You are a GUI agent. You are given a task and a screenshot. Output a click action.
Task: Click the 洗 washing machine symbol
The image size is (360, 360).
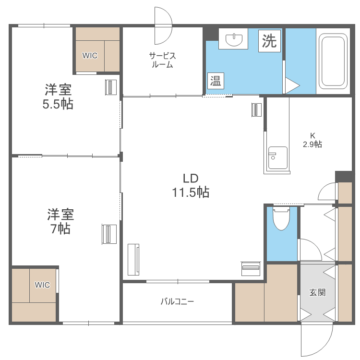click(269, 41)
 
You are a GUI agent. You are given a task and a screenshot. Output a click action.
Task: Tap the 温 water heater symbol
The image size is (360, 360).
click(216, 81)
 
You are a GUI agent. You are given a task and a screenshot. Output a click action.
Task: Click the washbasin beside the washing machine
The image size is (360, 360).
click(233, 38)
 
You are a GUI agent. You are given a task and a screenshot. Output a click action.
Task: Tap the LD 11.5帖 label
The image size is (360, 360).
click(191, 185)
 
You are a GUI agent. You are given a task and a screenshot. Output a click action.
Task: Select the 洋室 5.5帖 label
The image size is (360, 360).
click(59, 96)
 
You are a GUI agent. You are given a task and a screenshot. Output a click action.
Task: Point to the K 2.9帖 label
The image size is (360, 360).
click(312, 140)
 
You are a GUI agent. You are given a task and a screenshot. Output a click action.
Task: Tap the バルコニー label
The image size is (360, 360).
click(177, 301)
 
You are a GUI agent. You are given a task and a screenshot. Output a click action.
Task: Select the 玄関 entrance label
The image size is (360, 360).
click(317, 292)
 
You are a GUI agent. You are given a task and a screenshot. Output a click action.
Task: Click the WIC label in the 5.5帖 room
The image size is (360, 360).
click(90, 55)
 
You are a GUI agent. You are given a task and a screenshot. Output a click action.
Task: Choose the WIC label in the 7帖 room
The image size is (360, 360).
click(42, 285)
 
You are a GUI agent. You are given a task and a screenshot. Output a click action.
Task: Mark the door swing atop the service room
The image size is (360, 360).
click(163, 25)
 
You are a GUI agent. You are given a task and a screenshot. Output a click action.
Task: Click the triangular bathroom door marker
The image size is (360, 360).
click(291, 85)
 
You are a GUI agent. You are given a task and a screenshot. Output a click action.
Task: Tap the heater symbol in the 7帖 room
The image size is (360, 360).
click(109, 234)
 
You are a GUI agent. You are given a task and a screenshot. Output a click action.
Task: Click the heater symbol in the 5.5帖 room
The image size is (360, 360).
click(111, 87)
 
